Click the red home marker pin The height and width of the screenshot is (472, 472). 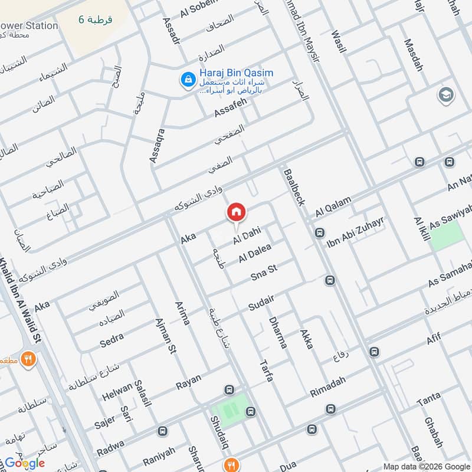pyautogui.click(x=236, y=212)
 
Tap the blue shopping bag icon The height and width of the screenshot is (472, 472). pyautogui.click(x=188, y=79)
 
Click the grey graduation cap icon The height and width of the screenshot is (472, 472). pyautogui.click(x=445, y=94)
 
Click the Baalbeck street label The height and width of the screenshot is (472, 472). pyautogui.click(x=294, y=187)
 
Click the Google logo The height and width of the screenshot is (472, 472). pyautogui.click(x=25, y=463)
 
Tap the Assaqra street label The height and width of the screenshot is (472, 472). pyautogui.click(x=155, y=143)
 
